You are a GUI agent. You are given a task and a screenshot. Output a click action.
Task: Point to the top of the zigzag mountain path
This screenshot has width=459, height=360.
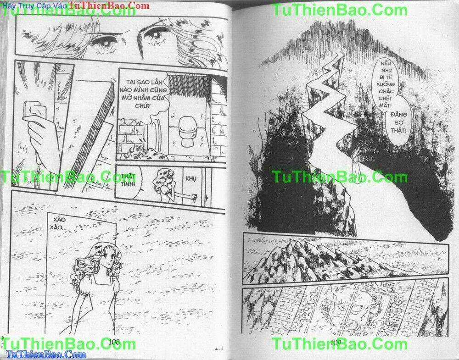[x=340, y=55]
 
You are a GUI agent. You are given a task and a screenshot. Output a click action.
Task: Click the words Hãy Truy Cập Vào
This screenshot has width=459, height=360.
[x=33, y=6]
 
